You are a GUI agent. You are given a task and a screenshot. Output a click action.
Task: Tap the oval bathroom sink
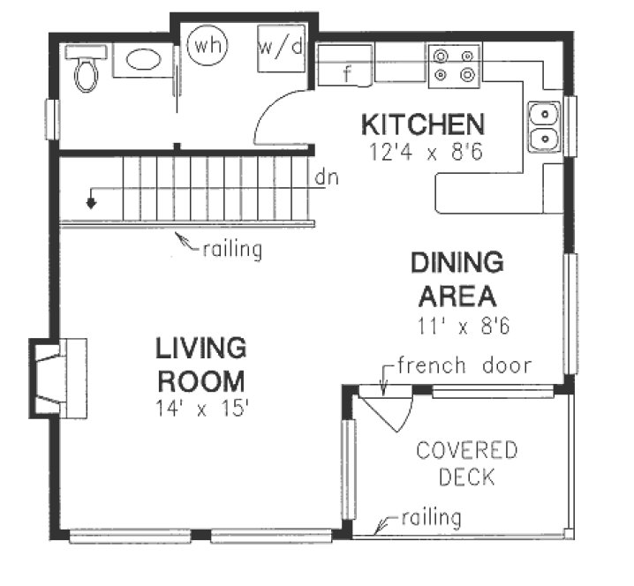(141, 60)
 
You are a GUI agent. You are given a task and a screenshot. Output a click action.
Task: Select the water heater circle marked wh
(208, 45)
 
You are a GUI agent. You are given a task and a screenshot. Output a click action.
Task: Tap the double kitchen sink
(545, 126)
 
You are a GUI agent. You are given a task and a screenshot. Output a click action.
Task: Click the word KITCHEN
(421, 124)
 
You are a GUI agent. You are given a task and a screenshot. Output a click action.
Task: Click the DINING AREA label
(457, 278)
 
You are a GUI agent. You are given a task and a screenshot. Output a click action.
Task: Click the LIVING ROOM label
(200, 364)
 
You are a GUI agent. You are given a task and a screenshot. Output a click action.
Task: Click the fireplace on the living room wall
(60, 378)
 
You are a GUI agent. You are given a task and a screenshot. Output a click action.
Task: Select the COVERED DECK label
(466, 464)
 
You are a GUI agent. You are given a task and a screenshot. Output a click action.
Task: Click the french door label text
(464, 365)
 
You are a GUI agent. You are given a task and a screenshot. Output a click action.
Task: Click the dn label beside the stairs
(326, 177)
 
